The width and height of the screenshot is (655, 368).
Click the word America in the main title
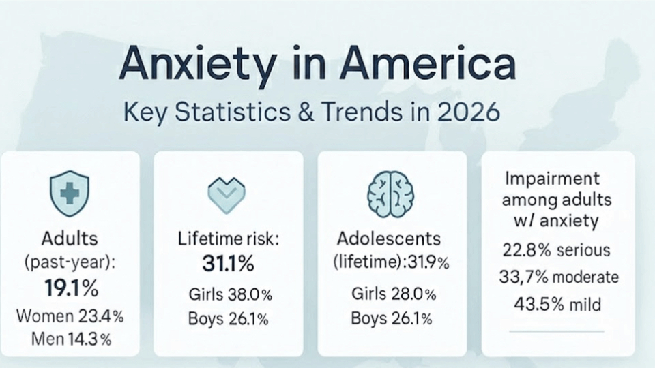[427, 63]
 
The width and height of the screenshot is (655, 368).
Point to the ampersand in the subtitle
[306, 112]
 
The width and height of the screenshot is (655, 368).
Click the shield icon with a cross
[70, 194]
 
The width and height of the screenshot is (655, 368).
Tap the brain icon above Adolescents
[390, 194]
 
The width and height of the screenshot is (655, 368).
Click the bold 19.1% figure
[72, 288]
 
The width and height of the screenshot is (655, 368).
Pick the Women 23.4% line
[70, 316]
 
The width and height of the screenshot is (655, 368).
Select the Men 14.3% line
[72, 339]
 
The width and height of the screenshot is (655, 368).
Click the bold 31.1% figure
[228, 264]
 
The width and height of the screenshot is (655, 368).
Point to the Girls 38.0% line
[230, 294]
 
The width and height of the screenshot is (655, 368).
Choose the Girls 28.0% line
[394, 294]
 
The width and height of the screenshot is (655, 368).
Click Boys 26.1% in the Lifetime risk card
[228, 319]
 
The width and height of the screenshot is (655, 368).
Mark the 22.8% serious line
[556, 250]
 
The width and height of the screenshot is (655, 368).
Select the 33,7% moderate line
[559, 277]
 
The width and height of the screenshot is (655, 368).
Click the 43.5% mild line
[557, 304]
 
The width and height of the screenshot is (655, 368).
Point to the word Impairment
[552, 179]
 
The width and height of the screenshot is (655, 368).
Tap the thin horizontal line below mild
[557, 331]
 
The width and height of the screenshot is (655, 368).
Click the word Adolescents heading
[389, 239]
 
